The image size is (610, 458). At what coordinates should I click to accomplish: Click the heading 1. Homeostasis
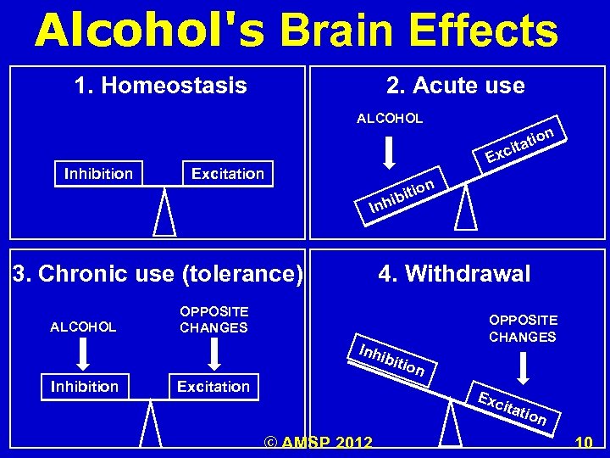160,86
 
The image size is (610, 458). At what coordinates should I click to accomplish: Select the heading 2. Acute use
455,86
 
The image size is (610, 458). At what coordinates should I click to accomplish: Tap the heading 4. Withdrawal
454,274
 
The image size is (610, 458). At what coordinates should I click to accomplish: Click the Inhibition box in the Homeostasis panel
98,174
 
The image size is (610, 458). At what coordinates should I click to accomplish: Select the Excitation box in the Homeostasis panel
228,174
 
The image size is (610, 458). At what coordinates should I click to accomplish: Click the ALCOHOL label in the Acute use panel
390,119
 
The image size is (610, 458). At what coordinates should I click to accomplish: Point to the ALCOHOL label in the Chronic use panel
84,327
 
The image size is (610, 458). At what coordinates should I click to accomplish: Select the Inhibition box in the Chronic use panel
85,387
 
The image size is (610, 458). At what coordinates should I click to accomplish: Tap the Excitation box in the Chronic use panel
213,387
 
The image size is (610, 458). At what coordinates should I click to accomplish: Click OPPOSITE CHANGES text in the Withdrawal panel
523,328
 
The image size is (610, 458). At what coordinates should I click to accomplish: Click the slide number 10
584,442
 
